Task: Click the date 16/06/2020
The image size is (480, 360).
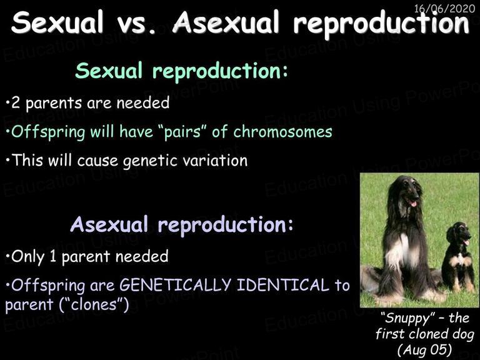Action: click(444, 8)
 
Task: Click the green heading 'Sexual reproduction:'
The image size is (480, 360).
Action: click(181, 71)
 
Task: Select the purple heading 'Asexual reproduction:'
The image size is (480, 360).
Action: click(181, 225)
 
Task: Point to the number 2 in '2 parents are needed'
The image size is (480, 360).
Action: click(16, 103)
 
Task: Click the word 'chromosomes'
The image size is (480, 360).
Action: click(282, 132)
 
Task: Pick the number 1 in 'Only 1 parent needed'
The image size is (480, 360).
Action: click(53, 256)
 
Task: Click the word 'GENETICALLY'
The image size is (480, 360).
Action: click(175, 285)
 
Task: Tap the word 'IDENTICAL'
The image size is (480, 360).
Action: click(283, 285)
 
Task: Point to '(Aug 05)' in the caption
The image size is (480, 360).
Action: click(424, 349)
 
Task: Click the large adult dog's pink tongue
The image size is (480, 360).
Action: click(413, 203)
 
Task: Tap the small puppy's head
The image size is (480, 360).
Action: click(458, 234)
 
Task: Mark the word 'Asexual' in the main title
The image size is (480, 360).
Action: click(226, 22)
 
